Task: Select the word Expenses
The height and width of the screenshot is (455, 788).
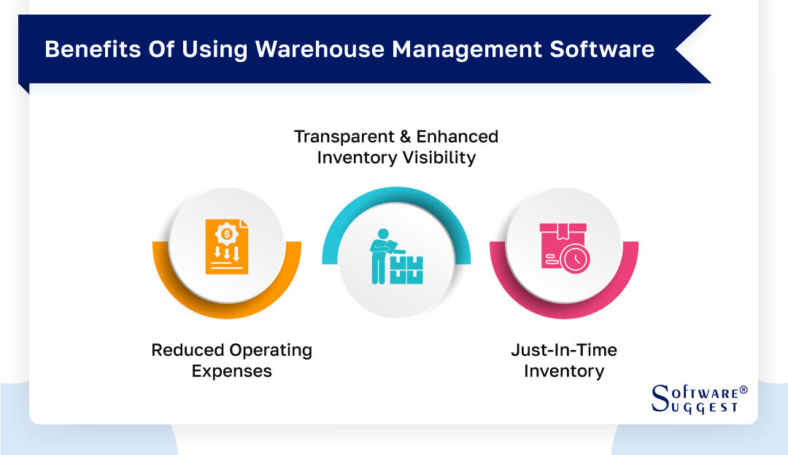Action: (x=232, y=371)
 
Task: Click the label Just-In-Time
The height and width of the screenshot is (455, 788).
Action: (x=564, y=350)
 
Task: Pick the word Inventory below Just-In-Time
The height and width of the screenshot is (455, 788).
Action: (x=564, y=371)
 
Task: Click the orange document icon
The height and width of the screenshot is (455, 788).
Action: (x=227, y=246)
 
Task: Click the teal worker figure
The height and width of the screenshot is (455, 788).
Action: (x=380, y=255)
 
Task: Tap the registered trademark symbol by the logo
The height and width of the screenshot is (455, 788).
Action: (x=743, y=390)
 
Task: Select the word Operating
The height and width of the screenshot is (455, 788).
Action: (x=271, y=350)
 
